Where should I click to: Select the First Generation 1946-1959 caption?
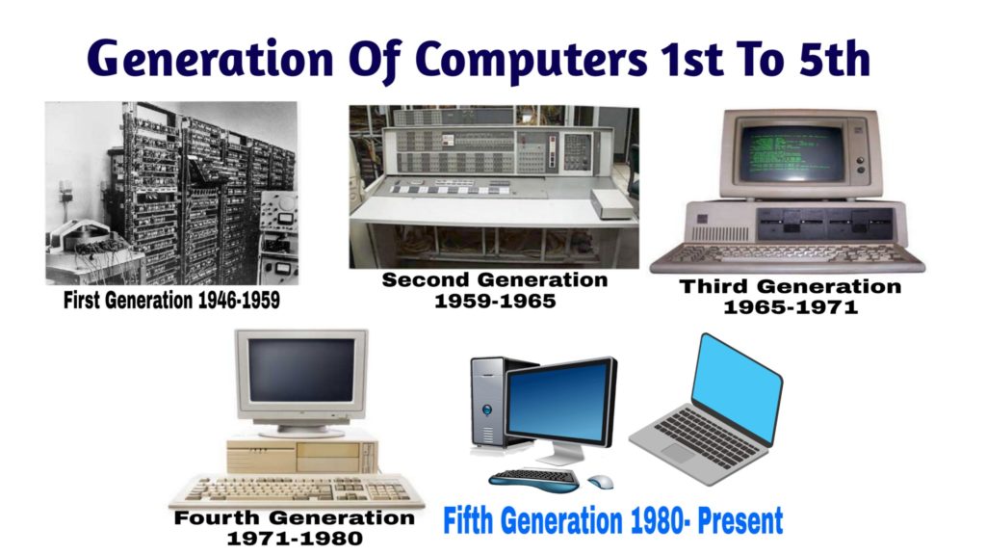pos(171,301)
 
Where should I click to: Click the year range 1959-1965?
pos(495,301)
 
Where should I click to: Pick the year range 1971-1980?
pos(295,539)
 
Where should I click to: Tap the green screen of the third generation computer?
pos(792,152)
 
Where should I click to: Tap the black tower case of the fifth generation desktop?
pos(489,405)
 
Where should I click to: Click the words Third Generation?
pos(790,287)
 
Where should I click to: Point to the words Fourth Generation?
pos(295,518)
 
